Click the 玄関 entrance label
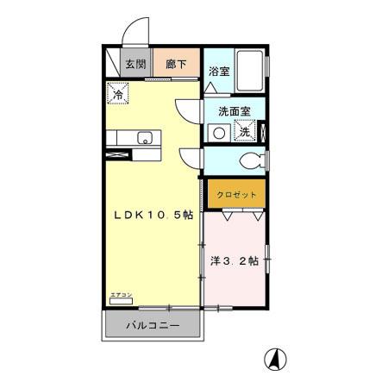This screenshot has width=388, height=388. (x=134, y=63)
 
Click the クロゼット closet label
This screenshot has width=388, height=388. (x=236, y=195)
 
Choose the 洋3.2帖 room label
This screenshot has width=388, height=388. (x=235, y=260)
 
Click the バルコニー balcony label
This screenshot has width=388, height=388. (x=152, y=327)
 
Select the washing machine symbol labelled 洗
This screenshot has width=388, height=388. (x=244, y=132)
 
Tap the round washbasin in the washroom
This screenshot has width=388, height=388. (x=220, y=133)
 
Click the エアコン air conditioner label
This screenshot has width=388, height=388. (x=120, y=296)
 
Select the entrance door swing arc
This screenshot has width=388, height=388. (x=134, y=35)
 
